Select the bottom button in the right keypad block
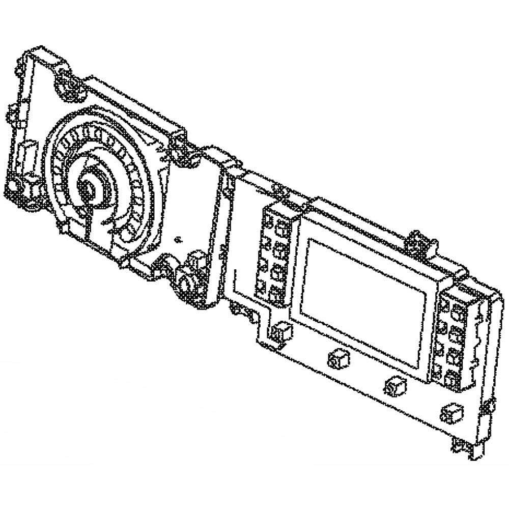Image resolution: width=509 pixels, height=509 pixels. point(450,379)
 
